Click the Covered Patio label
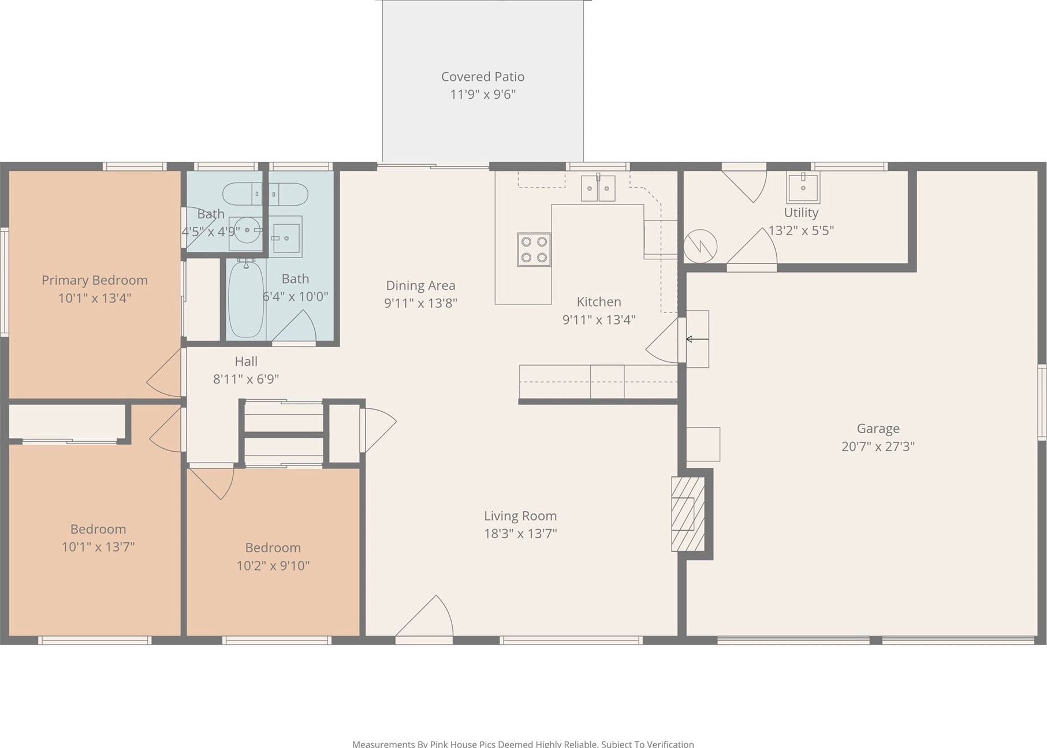483,77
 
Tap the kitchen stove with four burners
534,250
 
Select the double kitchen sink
598,188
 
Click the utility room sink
803,187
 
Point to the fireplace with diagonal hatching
688,513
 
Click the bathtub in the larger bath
246,299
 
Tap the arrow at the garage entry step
697,339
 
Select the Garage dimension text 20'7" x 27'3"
878,446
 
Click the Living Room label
520,516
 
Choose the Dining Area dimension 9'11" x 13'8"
420,303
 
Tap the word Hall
246,362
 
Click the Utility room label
801,213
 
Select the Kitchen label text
599,302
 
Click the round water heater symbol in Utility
700,247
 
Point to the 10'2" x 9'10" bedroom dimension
273,565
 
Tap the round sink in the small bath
247,230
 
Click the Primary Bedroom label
95,281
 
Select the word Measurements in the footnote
383,744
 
